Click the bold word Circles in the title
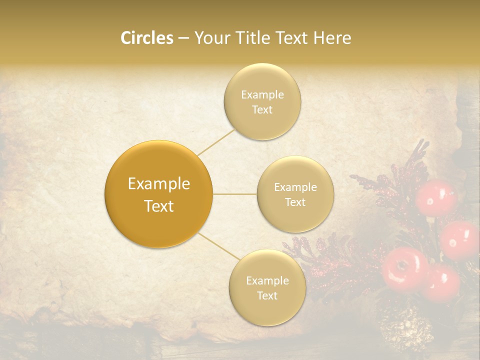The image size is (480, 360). tap(146, 38)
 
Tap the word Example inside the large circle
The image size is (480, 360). tap(159, 184)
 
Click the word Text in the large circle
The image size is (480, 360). tap(159, 206)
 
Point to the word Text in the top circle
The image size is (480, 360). tap(262, 110)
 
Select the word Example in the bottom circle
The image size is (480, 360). tap(267, 281)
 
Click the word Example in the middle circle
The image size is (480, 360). tap(295, 187)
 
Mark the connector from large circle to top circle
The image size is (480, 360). tap(216, 142)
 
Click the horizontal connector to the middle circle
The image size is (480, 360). tap(234, 194)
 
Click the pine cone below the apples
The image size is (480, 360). tap(406, 330)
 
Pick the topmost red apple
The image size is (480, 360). tap(436, 197)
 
